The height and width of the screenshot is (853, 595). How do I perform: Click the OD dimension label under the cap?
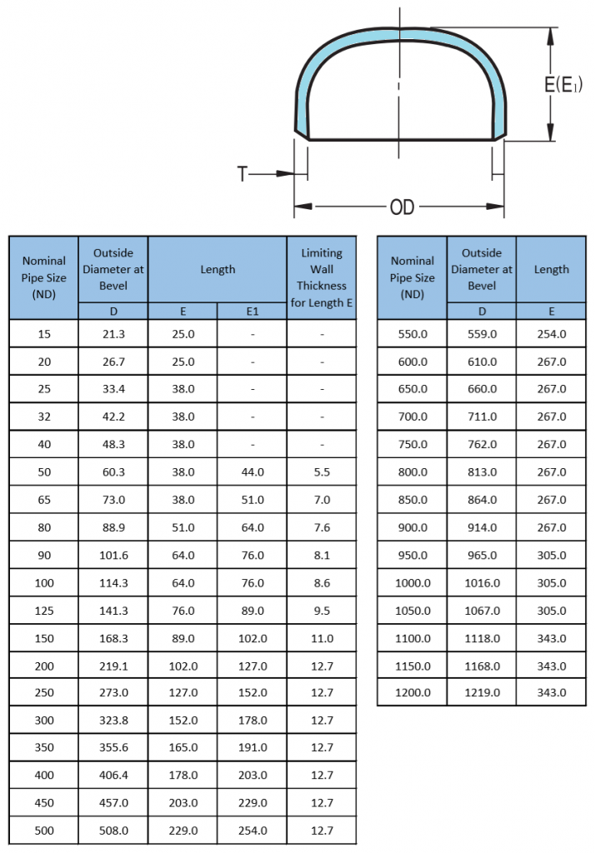pos(402,207)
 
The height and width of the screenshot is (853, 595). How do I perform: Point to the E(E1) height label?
pos(564,84)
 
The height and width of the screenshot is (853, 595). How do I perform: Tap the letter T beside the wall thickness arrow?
pos(242,174)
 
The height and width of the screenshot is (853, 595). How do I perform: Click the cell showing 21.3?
pos(113,334)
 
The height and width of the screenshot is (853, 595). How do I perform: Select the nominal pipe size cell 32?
pos(44,417)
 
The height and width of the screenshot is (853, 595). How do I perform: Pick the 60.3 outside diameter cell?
pos(113,472)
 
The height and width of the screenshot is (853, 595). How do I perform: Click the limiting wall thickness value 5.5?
pos(322,472)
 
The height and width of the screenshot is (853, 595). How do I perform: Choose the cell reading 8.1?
pos(322,556)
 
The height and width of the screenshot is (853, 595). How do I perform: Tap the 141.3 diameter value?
pos(113,611)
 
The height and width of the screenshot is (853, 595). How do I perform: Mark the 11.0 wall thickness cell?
pos(322,639)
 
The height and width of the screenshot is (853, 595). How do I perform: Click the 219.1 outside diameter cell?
pos(113,666)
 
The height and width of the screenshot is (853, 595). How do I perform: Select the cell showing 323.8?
pos(113,721)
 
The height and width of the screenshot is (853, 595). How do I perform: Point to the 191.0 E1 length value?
pos(252,748)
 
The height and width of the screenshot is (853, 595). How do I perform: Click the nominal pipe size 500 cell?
pos(44,831)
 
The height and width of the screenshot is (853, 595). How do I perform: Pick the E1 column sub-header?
pos(252,312)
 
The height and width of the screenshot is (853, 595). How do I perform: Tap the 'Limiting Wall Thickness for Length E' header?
pos(322,277)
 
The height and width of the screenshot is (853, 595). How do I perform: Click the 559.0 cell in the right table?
pos(482,334)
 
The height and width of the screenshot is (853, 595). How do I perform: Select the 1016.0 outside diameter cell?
pos(482,583)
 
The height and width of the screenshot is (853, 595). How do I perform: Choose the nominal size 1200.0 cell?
pos(412,692)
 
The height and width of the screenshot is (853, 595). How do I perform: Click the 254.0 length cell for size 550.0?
pos(552,334)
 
